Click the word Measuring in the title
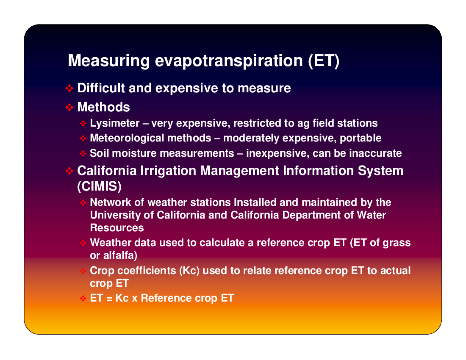109,61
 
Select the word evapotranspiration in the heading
229,61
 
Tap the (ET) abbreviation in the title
324,61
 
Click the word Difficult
101,88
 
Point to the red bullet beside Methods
69,107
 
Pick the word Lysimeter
115,123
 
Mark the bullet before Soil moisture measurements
83,154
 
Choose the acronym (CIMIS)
99,186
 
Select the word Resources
117,228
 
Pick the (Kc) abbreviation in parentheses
189,271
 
